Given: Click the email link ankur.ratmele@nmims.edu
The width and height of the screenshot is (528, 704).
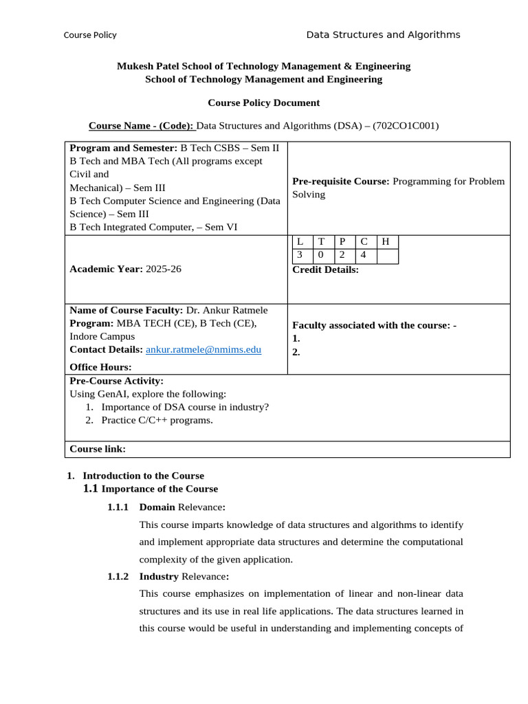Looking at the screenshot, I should (x=203, y=349).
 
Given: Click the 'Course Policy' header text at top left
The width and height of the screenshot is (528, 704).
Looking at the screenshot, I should (x=90, y=35).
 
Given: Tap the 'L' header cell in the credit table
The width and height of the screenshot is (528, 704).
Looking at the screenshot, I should (x=299, y=241).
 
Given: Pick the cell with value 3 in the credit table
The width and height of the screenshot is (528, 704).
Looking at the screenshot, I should (x=299, y=255).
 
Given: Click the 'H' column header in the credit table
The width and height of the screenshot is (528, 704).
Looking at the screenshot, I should (x=386, y=241).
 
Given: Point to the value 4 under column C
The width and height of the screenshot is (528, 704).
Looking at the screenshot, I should (x=364, y=255).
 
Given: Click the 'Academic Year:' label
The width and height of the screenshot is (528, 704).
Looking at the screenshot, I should (x=106, y=269).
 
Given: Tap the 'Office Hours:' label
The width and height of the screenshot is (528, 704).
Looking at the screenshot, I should (x=100, y=367).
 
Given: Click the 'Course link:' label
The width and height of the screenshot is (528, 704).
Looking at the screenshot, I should (x=98, y=449).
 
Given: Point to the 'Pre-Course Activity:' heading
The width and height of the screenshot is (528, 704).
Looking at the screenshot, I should (x=116, y=380).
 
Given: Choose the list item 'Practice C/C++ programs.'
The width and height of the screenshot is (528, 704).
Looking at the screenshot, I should (x=157, y=419).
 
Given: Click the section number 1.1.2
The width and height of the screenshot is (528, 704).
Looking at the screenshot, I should (x=118, y=576).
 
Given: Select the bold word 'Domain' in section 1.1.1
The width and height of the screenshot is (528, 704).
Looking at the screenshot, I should (x=157, y=507).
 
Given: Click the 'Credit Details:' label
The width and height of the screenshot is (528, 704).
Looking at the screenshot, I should (x=325, y=269).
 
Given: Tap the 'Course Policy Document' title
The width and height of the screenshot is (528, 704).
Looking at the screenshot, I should (x=263, y=102).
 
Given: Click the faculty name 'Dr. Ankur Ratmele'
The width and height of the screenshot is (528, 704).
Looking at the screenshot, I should (x=227, y=310).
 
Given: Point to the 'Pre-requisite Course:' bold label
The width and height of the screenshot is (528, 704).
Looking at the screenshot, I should (x=341, y=181).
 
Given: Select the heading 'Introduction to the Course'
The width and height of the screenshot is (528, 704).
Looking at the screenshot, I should (x=143, y=475).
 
